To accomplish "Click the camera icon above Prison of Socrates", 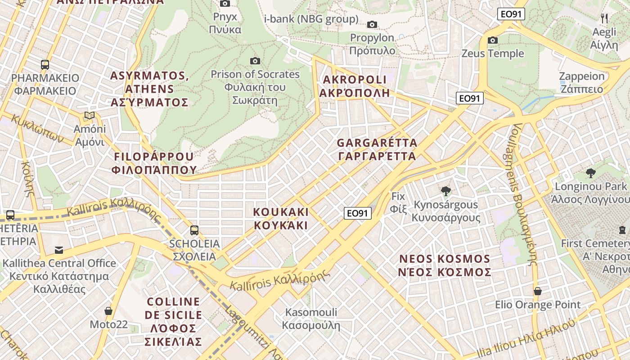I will (x=255, y=61).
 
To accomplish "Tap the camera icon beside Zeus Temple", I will (x=493, y=40).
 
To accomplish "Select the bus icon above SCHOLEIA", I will (x=194, y=230).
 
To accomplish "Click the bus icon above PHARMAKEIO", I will (x=45, y=64).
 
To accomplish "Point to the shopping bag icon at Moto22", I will (x=108, y=311).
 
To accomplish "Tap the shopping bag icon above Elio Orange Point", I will (x=537, y=291).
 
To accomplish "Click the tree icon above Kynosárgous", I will (x=446, y=191).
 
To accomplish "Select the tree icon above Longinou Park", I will (x=590, y=173).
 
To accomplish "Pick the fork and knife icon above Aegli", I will (x=604, y=18).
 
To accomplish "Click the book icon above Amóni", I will (x=90, y=116).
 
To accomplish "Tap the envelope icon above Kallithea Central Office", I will (x=59, y=250).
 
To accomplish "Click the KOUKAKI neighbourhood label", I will (x=281, y=218).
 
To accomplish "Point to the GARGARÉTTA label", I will (x=377, y=149).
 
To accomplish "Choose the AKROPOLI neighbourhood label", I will (x=354, y=86).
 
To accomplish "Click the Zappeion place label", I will (x=581, y=82).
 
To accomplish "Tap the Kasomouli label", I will (x=311, y=318).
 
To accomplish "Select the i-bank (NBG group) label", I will (x=311, y=19).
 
